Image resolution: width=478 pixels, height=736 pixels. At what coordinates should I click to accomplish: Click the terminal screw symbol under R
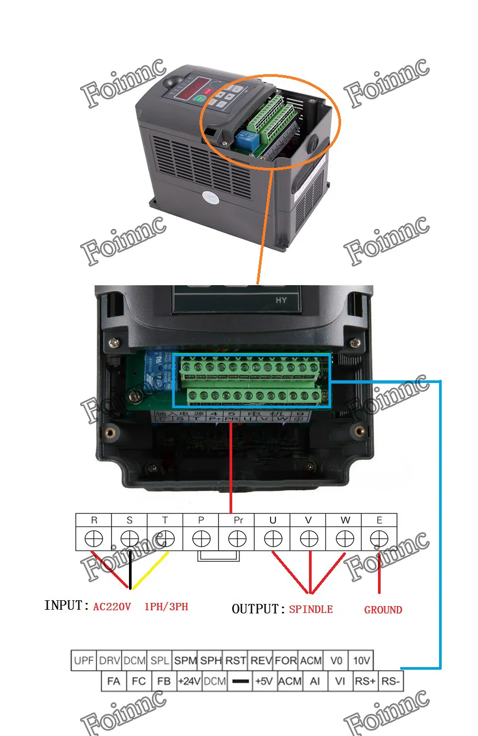tap(94, 539)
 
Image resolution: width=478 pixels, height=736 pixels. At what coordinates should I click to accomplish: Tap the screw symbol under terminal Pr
tap(237, 539)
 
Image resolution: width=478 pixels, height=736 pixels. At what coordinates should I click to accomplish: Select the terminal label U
tap(273, 520)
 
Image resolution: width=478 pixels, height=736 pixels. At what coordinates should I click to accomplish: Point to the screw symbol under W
tap(345, 539)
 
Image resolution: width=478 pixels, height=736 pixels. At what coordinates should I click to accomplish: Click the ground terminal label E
tap(380, 520)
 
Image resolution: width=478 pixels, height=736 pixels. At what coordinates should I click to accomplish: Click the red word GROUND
tap(383, 610)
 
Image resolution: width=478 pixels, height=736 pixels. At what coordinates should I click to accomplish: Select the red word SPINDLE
tap(311, 609)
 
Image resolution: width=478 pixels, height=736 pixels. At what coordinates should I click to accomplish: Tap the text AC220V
tap(112, 607)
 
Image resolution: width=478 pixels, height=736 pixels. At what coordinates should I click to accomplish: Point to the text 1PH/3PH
tap(166, 607)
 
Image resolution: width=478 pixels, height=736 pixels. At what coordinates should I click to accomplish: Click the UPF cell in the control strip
tap(84, 660)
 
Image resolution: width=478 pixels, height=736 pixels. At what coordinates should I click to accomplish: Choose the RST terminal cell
tap(236, 660)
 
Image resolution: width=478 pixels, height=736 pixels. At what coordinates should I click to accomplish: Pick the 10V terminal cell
tap(361, 660)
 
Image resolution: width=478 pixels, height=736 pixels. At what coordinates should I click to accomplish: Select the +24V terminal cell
tap(189, 681)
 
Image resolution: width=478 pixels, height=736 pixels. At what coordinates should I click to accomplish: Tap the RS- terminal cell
tap(391, 681)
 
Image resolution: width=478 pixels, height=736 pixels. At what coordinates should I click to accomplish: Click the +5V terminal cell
tap(264, 681)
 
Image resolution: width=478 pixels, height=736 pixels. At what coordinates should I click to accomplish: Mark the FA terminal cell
tap(113, 681)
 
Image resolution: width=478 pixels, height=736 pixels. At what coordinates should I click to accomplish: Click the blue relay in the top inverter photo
tap(246, 140)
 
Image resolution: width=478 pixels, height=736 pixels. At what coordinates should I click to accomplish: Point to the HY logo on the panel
tap(282, 300)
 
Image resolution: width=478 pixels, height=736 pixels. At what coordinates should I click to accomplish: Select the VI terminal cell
tap(340, 681)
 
